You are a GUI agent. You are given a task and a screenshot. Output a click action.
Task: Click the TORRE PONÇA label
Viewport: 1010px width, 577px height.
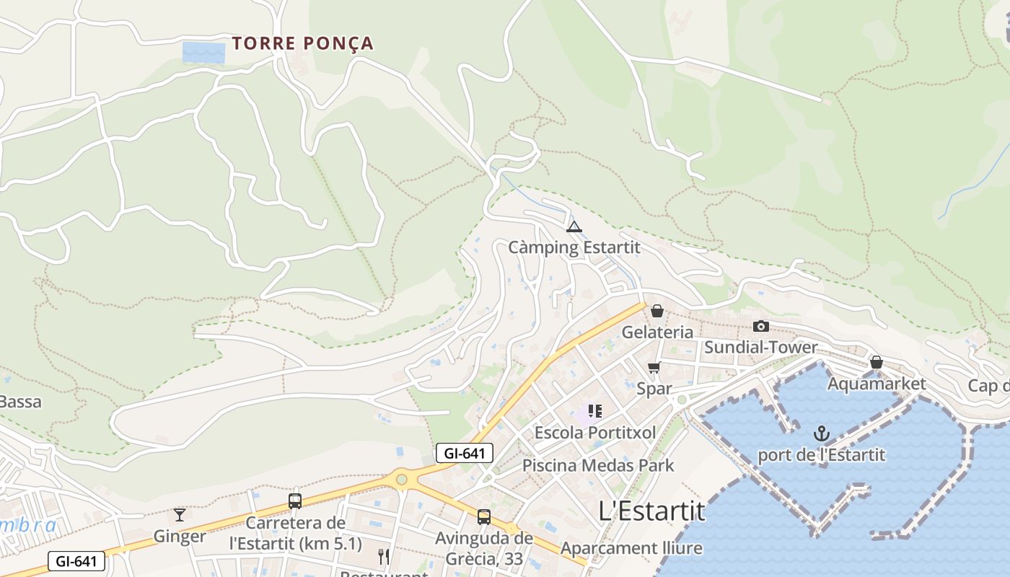[303, 43]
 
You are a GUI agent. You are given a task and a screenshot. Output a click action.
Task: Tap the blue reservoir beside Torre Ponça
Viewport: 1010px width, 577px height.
[203, 52]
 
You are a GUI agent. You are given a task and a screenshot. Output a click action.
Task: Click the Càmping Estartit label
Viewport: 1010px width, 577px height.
[574, 247]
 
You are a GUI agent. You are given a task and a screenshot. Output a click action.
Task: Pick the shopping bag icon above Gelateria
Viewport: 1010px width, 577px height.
[656, 312]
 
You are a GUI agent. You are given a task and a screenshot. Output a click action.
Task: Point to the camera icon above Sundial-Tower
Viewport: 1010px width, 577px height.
[760, 326]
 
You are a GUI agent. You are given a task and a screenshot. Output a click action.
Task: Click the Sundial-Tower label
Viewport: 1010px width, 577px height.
[760, 347]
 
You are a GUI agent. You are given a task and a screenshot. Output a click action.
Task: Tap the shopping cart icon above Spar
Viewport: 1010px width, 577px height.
[654, 368]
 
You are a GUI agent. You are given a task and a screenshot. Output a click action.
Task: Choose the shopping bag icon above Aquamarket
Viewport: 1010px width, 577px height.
[876, 362]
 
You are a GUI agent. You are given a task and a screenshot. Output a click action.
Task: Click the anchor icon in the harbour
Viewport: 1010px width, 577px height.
[821, 433]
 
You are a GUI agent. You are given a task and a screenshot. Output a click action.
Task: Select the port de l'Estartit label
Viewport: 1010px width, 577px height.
[821, 455]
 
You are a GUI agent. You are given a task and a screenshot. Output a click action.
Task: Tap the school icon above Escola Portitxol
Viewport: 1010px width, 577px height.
[594, 411]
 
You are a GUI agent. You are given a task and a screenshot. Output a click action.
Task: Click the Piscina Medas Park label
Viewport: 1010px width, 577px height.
[598, 465]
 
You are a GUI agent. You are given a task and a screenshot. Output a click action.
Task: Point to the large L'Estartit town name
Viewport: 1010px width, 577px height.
[651, 511]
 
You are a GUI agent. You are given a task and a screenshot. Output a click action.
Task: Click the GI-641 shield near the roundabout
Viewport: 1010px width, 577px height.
[465, 453]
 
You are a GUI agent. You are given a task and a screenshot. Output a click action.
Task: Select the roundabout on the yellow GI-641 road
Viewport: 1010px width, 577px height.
[401, 479]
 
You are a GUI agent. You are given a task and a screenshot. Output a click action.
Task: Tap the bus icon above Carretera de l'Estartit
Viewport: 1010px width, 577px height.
[294, 501]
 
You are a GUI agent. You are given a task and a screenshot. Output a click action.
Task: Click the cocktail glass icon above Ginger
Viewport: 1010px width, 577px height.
[180, 515]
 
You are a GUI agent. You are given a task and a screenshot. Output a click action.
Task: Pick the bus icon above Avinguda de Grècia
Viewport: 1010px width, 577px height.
[483, 516]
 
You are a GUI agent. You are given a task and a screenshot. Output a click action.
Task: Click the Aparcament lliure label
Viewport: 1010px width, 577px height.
[631, 548]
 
